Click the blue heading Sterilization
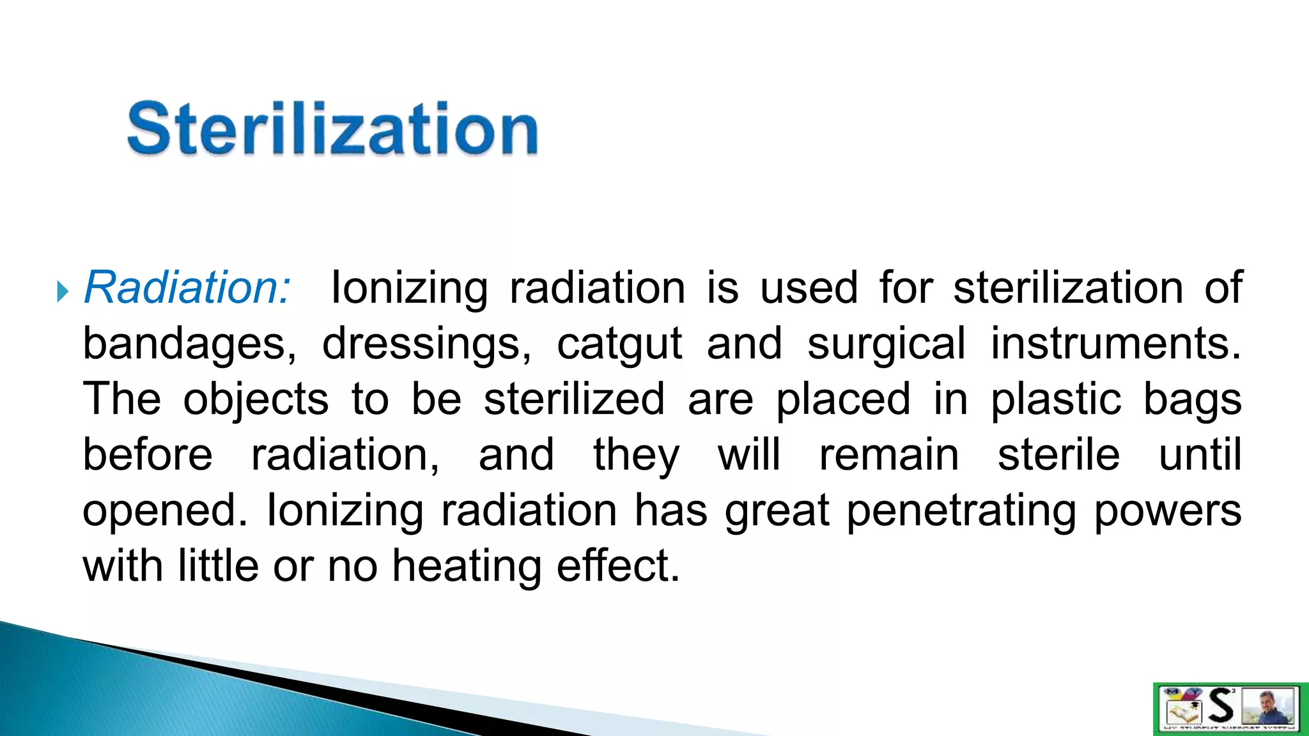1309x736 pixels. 332,129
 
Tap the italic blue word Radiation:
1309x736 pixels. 187,287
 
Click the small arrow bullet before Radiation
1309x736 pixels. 62,292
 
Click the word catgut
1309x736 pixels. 619,344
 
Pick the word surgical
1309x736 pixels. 886,344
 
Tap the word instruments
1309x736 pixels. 1115,343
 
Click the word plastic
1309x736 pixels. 1056,399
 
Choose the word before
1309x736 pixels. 148,455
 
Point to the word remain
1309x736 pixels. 889,455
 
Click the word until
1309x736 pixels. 1200,455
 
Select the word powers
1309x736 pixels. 1167,511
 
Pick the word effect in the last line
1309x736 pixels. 617,566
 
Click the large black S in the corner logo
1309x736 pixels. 1221,706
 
